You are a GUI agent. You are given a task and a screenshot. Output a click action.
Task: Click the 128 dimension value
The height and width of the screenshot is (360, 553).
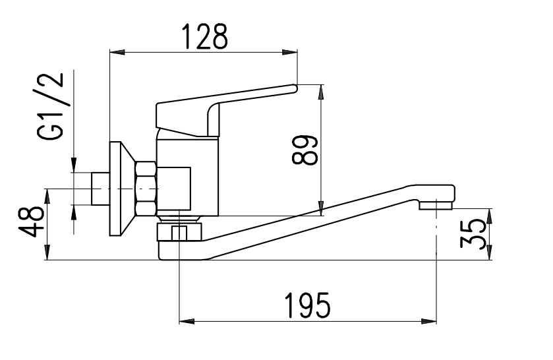(205, 36)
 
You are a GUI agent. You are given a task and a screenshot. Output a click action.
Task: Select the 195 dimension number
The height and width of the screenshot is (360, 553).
(308, 305)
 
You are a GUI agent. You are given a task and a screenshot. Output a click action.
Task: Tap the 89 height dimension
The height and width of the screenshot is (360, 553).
(305, 150)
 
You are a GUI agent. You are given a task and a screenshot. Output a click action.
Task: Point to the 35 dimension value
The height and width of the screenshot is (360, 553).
(473, 233)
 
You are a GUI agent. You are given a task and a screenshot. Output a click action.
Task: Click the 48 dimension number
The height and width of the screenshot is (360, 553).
(32, 222)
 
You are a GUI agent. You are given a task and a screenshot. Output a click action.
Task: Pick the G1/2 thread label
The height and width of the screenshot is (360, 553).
(51, 107)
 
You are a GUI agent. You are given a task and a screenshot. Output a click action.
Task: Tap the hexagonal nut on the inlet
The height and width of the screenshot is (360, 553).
(146, 189)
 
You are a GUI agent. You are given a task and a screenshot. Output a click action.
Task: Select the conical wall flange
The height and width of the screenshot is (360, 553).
(122, 189)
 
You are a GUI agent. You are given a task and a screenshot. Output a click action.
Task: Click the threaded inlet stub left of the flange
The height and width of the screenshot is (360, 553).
(100, 189)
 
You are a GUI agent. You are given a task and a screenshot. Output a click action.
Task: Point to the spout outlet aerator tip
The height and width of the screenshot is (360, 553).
(436, 205)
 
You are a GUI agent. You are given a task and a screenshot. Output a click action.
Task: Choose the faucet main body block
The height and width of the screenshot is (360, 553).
(187, 177)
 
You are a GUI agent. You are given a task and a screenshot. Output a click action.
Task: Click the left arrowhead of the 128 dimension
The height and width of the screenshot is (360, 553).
(118, 53)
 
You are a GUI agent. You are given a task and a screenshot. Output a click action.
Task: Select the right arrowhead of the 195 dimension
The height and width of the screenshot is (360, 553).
(429, 322)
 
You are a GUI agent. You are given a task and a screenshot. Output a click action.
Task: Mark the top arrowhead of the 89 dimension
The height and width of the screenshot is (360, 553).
(321, 92)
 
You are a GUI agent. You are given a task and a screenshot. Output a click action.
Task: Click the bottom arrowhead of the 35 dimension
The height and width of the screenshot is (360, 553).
(490, 253)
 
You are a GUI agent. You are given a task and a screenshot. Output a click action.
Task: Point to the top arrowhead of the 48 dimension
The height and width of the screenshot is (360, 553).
(47, 196)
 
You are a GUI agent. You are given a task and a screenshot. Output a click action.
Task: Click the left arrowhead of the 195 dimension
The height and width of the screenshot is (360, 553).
(187, 322)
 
